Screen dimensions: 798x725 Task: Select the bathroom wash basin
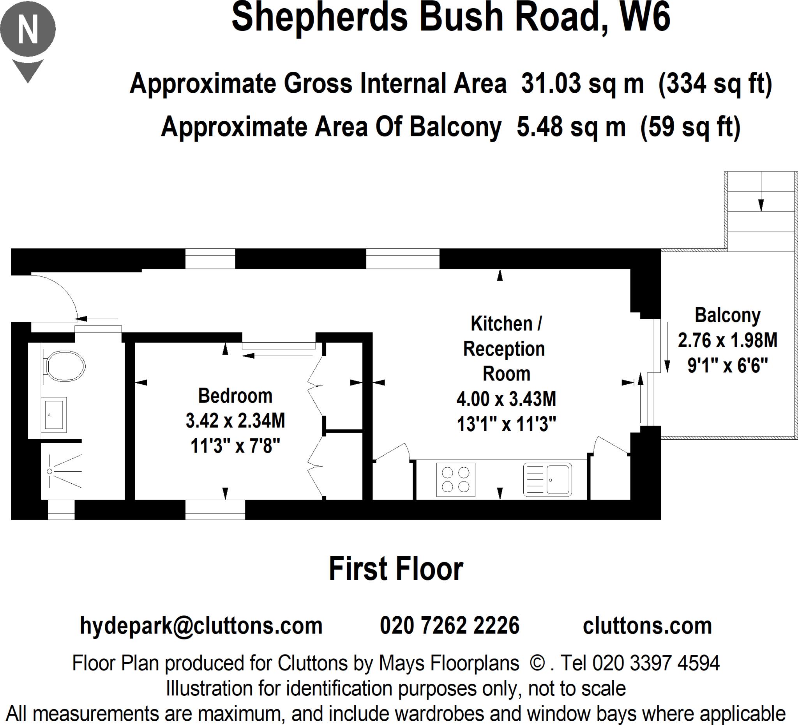pyautogui.click(x=54, y=415)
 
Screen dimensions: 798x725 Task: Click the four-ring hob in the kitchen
pyautogui.click(x=455, y=479)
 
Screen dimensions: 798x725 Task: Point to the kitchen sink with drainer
pyautogui.click(x=547, y=479)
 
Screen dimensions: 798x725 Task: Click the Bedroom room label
pyautogui.click(x=235, y=396)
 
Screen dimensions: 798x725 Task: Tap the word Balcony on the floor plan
pyautogui.click(x=727, y=316)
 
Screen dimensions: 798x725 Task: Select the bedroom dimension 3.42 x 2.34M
pyautogui.click(x=235, y=421)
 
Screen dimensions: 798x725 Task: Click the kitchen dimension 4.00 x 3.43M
pyautogui.click(x=506, y=399)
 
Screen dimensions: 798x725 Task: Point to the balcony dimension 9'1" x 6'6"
pyautogui.click(x=727, y=365)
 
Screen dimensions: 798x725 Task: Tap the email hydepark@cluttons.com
pyautogui.click(x=201, y=626)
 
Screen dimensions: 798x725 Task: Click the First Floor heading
pyautogui.click(x=396, y=569)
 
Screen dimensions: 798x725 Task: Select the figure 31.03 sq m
pyautogui.click(x=582, y=83)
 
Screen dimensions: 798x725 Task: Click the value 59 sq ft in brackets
pyautogui.click(x=690, y=127)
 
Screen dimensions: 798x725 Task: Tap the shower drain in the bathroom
pyautogui.click(x=49, y=471)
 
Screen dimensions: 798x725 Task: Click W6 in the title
pyautogui.click(x=645, y=18)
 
